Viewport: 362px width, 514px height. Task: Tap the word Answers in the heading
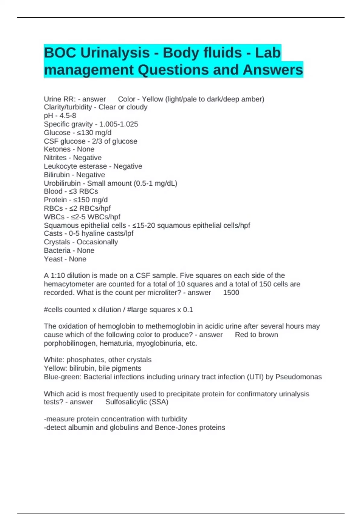pos(273,70)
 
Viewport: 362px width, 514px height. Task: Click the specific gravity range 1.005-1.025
pos(119,124)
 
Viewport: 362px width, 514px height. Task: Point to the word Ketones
pos(57,149)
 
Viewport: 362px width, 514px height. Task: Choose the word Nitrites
pos(55,158)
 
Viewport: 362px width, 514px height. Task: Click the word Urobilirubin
pos(62,183)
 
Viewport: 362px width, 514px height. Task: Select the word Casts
pos(53,233)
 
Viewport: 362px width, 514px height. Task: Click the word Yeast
pos(53,259)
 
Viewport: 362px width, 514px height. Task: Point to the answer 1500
pos(231,293)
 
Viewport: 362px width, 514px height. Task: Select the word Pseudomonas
pos(298,377)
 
